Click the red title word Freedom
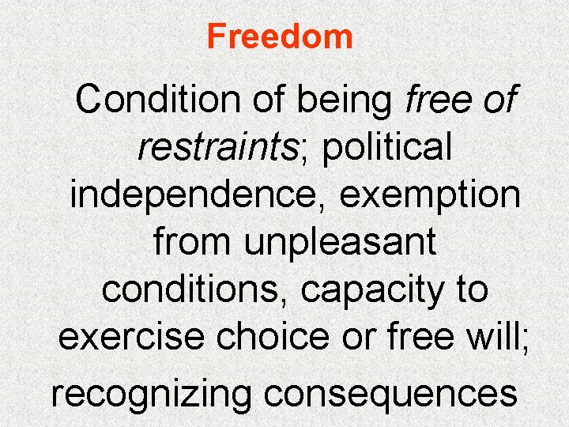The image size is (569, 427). click(280, 36)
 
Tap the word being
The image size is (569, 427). click(352, 100)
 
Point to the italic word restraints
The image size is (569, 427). click(213, 148)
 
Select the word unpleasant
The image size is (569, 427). click(340, 242)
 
